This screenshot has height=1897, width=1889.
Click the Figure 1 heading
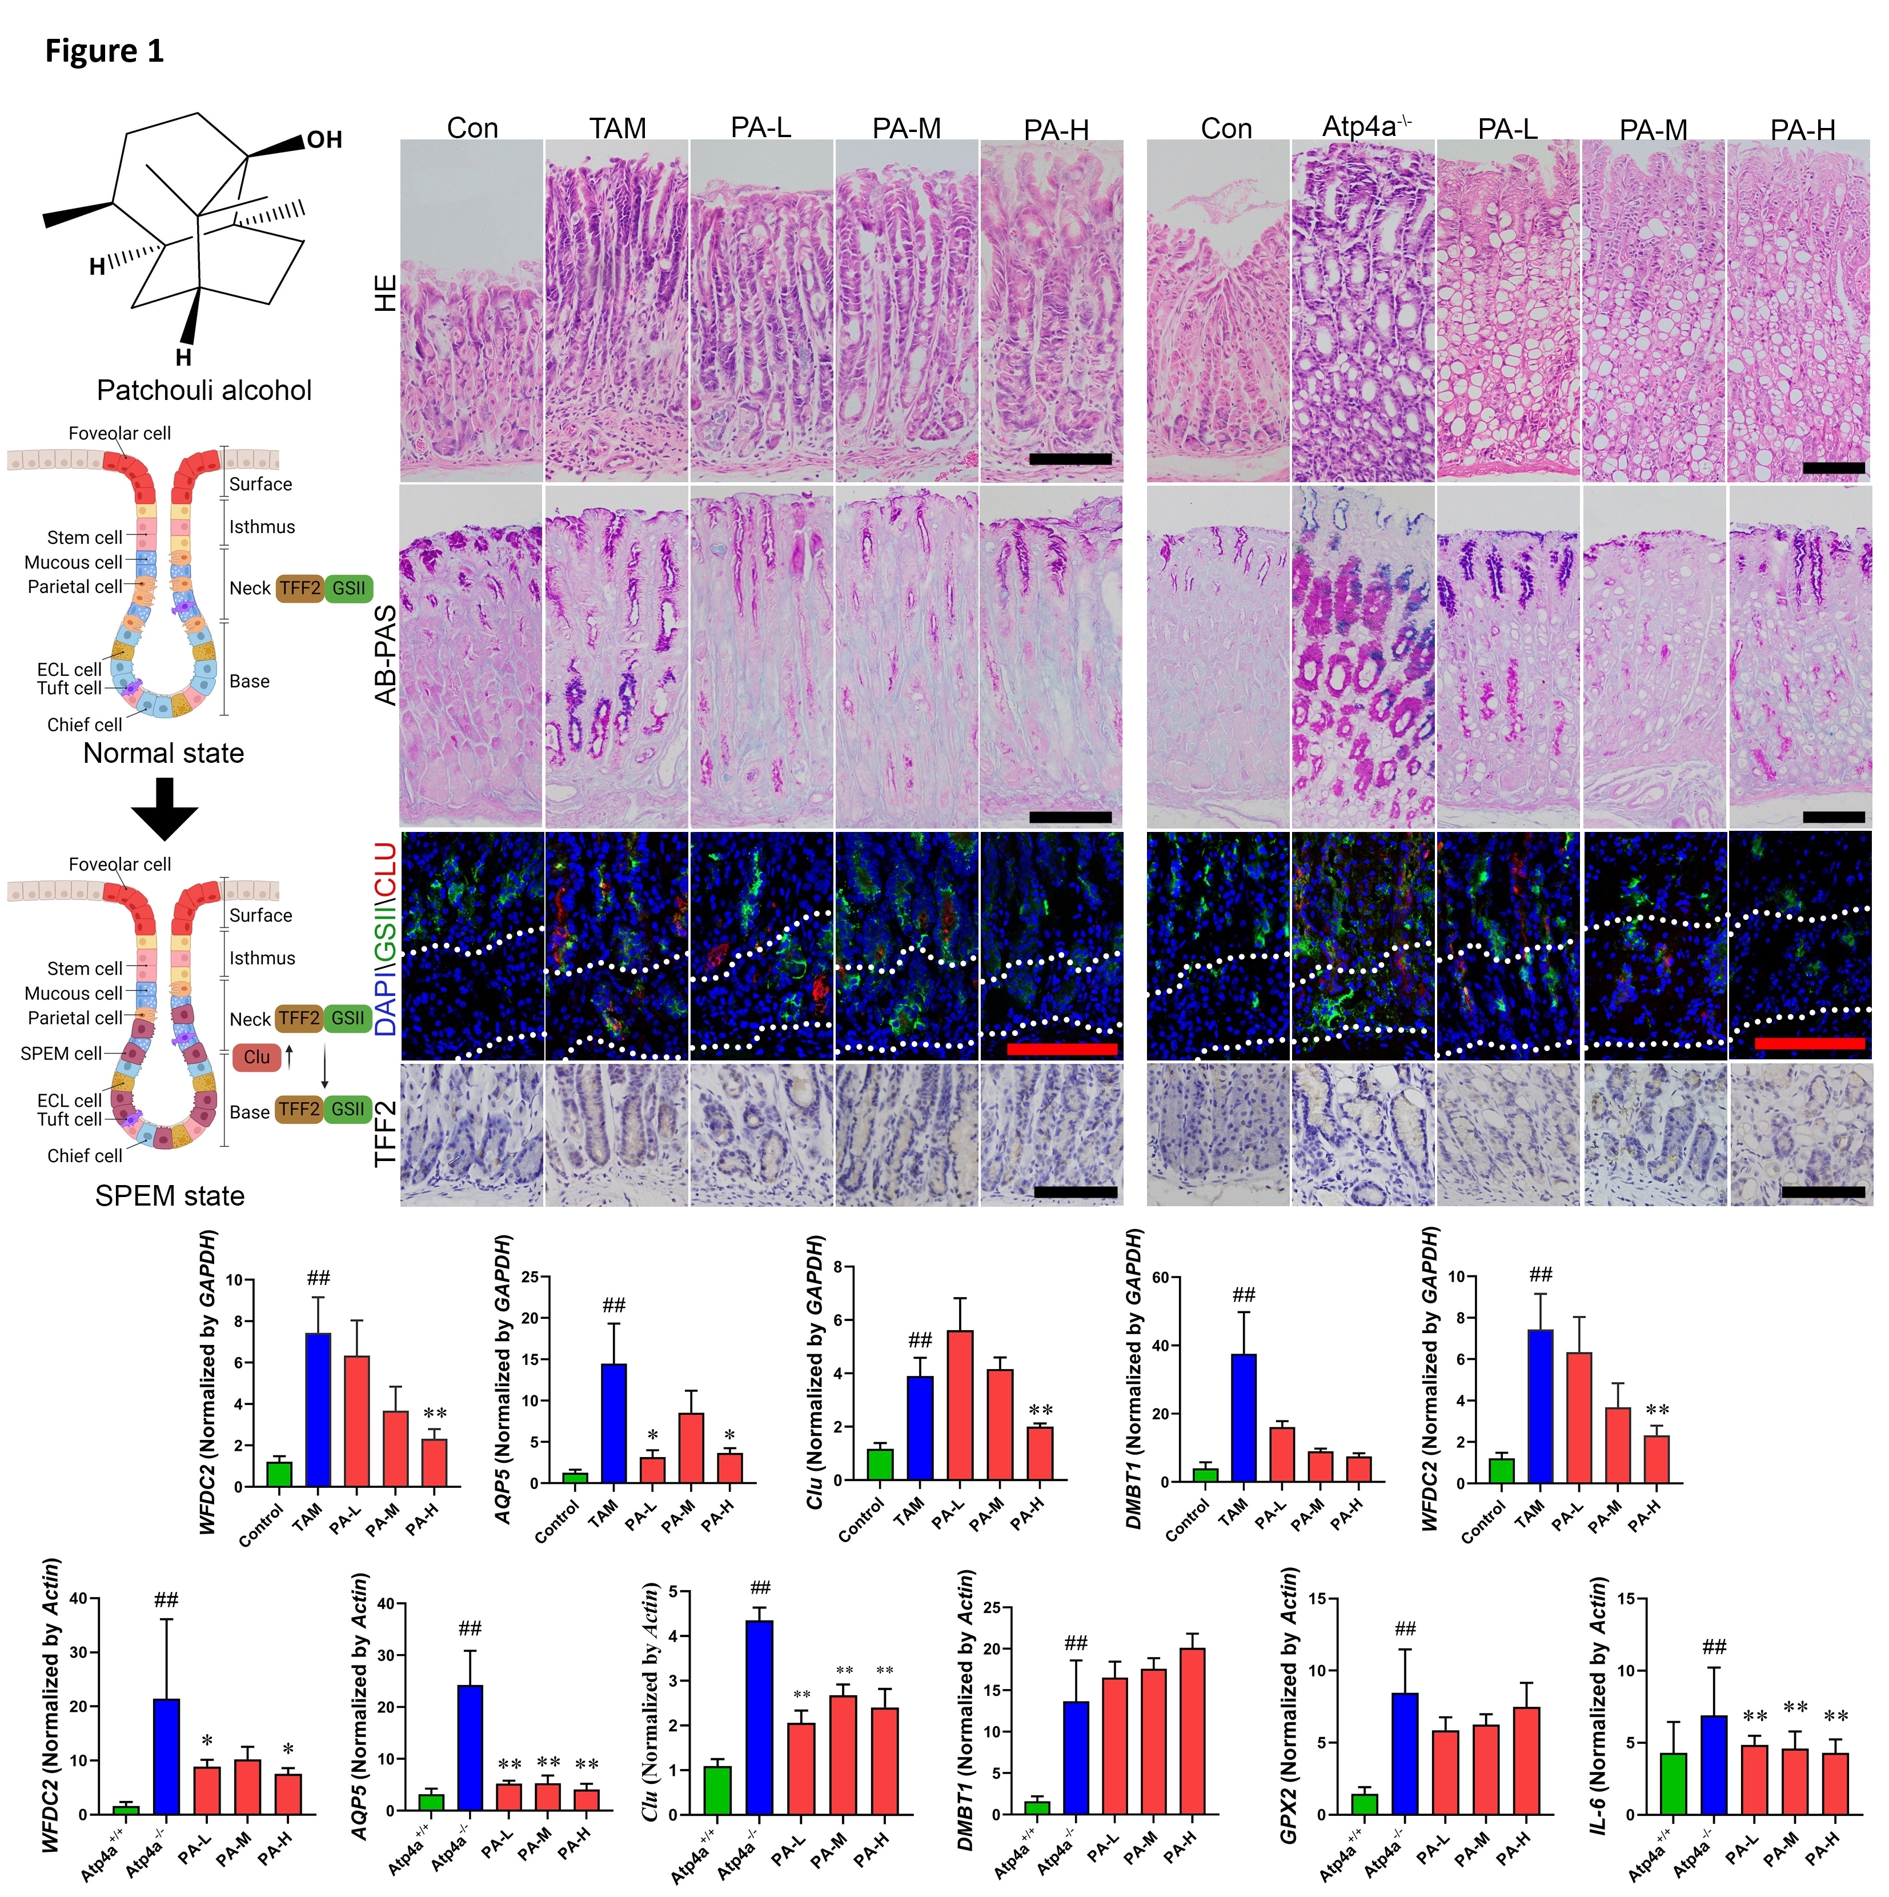(x=104, y=51)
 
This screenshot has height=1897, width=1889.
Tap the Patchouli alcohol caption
(x=204, y=391)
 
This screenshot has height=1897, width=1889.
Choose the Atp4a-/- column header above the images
(x=1366, y=127)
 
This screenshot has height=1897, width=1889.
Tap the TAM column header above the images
(x=617, y=129)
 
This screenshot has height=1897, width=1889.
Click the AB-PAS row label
(x=386, y=655)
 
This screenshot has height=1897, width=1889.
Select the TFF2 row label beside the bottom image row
(x=386, y=1134)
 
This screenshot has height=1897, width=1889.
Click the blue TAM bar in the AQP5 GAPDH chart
(x=613, y=1423)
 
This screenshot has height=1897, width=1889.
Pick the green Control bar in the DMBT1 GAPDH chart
(x=1205, y=1475)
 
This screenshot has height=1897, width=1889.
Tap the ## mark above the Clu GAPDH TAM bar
(x=920, y=1340)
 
